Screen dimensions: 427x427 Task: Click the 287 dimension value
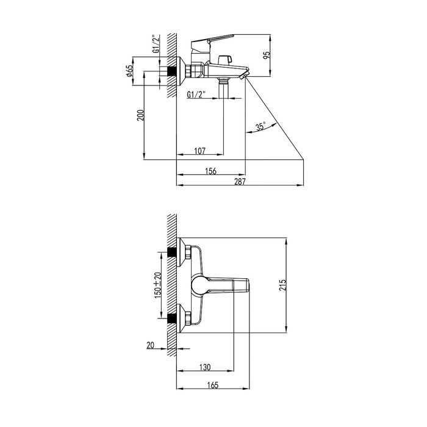click(240, 181)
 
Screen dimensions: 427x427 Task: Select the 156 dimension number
click(211, 171)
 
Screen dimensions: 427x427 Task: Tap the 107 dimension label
click(200, 151)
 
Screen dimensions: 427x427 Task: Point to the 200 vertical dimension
click(140, 115)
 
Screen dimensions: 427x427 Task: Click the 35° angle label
click(260, 127)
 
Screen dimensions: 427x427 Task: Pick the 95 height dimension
click(268, 55)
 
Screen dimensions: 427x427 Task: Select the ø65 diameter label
click(129, 71)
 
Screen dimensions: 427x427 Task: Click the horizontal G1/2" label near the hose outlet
click(196, 95)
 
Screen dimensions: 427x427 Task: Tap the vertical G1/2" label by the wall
click(156, 43)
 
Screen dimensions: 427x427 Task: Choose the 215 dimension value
click(283, 285)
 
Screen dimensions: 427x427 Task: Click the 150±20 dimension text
click(158, 285)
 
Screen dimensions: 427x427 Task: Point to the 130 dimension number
click(205, 367)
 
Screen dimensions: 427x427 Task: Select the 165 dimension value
click(213, 385)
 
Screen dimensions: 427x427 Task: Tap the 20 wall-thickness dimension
click(150, 345)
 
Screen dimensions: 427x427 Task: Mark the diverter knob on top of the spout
click(226, 59)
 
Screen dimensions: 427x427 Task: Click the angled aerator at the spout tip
click(243, 75)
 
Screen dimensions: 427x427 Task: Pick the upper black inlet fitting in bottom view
click(171, 252)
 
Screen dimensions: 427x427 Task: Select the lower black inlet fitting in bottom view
click(171, 318)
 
